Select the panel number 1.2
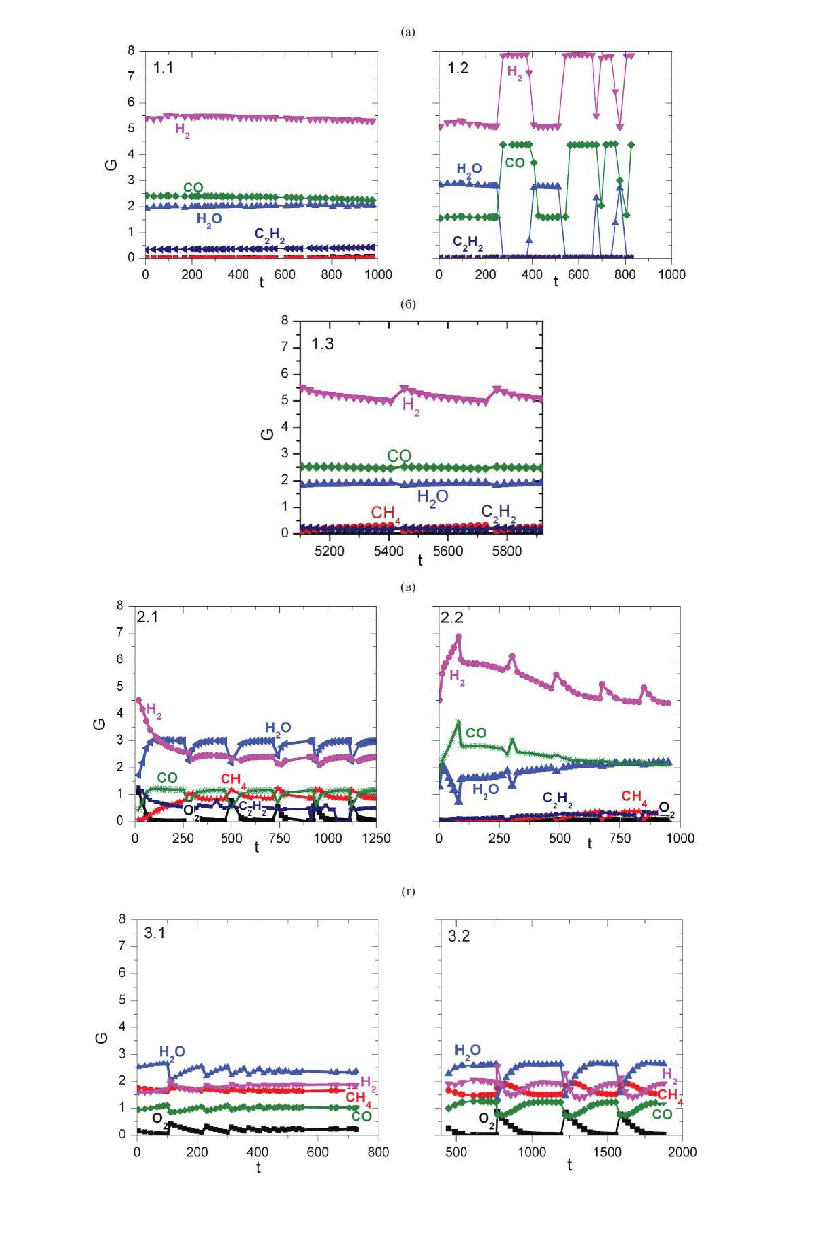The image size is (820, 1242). pyautogui.click(x=458, y=68)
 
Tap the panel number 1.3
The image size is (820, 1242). pyautogui.click(x=322, y=344)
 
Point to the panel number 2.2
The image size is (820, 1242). pyautogui.click(x=452, y=618)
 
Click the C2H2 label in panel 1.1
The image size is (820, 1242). pyautogui.click(x=270, y=234)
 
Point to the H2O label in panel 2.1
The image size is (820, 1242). pyautogui.click(x=278, y=728)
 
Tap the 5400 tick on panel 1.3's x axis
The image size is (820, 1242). pyautogui.click(x=388, y=552)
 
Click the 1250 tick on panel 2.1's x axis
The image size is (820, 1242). pyautogui.click(x=376, y=838)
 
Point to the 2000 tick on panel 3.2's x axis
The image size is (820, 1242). pyautogui.click(x=682, y=1152)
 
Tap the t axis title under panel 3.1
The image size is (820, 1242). pyautogui.click(x=258, y=1167)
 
